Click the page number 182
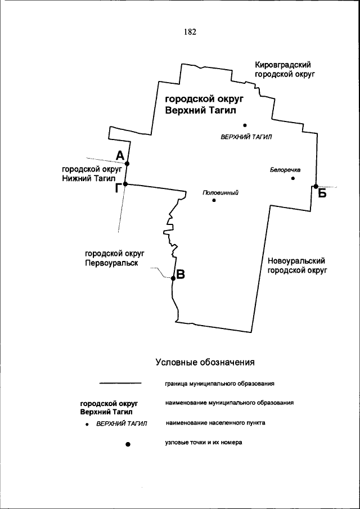(190, 32)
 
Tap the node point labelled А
(127, 164)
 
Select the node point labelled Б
(316, 186)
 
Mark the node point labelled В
(173, 277)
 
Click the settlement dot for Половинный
(214, 200)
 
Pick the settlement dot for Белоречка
(293, 178)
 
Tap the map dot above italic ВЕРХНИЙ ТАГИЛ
(245, 125)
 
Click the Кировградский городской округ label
(283, 70)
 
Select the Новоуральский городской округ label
(296, 265)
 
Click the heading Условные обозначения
(206, 362)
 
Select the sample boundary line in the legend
(120, 384)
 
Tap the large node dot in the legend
(128, 444)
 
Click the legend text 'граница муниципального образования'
(219, 384)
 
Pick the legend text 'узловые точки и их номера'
(204, 442)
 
